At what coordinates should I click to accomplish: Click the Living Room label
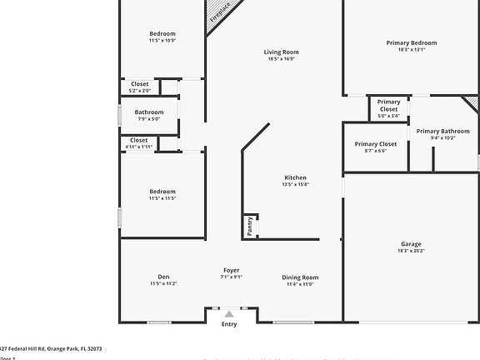tap(282, 52)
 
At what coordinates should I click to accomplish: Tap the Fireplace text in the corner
tap(221, 12)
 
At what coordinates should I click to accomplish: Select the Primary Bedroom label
tap(411, 42)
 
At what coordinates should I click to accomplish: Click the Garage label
tap(411, 244)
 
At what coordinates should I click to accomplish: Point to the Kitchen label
tap(295, 177)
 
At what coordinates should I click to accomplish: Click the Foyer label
tap(231, 270)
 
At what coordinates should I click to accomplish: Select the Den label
tap(163, 277)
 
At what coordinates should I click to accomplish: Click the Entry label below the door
tap(228, 324)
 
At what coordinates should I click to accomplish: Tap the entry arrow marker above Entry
tap(228, 314)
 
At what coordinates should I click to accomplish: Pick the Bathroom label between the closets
tap(149, 112)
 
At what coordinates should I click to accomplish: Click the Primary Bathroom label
tap(442, 131)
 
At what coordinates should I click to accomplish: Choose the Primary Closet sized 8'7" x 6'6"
tap(376, 150)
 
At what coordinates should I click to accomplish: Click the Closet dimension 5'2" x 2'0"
tap(139, 90)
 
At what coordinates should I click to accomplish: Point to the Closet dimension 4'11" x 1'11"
tap(138, 147)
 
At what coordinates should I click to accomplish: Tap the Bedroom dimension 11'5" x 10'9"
tap(162, 40)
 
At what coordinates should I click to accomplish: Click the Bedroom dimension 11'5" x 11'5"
tap(162, 198)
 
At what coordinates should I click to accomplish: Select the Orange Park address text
tap(50, 348)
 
